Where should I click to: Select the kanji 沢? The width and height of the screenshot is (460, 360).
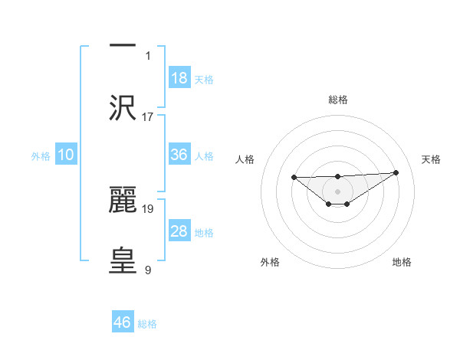123,108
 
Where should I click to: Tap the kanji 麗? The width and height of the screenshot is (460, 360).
123,200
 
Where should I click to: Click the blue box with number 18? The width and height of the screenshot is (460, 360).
179,77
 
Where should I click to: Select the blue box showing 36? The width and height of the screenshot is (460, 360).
179,155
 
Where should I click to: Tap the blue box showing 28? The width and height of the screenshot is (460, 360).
179,231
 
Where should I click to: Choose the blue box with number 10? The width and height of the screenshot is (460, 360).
66,155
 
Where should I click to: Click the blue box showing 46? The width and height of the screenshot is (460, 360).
123,322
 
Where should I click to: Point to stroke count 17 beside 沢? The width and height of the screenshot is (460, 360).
148,117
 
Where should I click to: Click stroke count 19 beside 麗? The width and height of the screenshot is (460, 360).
148,208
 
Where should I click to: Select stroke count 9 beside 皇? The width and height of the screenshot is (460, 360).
148,270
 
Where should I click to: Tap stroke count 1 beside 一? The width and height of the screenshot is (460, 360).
148,55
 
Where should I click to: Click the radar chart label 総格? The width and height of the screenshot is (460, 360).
337,100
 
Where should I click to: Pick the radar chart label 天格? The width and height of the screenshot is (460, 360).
431,159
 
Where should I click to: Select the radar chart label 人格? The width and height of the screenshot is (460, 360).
245,159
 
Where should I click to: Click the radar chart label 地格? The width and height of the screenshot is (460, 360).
402,262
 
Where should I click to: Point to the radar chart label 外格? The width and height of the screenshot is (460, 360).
270,262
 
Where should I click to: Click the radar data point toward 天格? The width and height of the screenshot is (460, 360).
396,172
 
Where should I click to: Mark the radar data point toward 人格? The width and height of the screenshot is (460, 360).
294,178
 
